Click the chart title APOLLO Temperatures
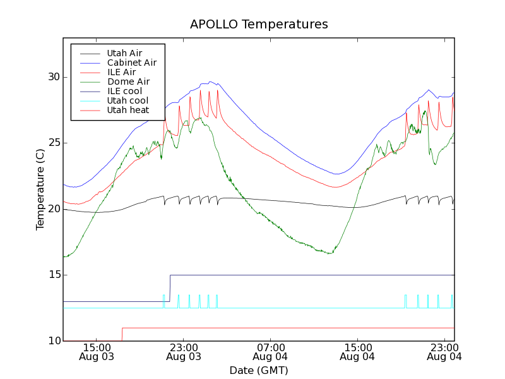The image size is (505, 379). click(x=259, y=25)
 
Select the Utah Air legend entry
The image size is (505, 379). click(x=124, y=53)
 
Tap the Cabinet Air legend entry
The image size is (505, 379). click(x=131, y=63)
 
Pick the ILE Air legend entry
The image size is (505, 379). click(x=121, y=72)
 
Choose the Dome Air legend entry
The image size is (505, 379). click(x=128, y=81)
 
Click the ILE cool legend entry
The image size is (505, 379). click(x=124, y=91)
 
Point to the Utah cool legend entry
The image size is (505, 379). click(x=128, y=100)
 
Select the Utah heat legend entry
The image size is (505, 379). click(x=128, y=110)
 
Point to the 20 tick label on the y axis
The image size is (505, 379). click(x=54, y=208)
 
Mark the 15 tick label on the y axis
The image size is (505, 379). click(x=54, y=275)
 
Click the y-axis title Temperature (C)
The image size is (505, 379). click(x=40, y=189)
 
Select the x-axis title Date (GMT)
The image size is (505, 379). click(x=259, y=370)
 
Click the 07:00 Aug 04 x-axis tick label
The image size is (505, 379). click(x=271, y=352)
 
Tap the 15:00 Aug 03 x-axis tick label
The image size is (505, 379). click(x=97, y=352)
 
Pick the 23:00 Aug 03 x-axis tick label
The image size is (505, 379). click(x=184, y=352)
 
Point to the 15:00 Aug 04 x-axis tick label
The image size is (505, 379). click(x=357, y=352)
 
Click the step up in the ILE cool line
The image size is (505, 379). click(x=170, y=288)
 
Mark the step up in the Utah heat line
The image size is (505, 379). click(x=122, y=334)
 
